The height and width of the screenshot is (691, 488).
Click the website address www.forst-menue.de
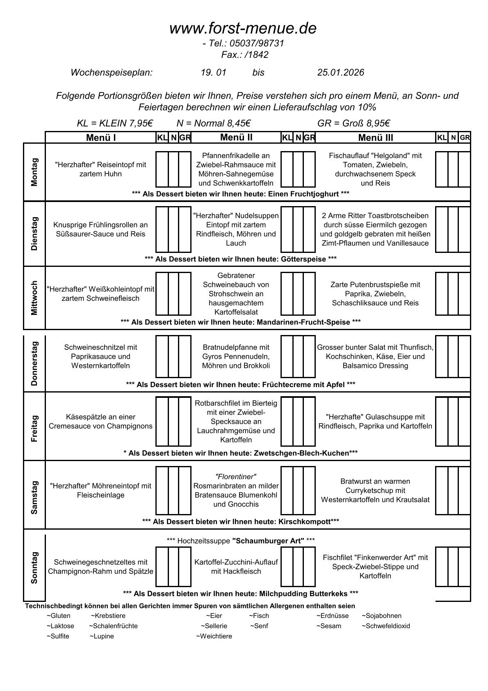243,28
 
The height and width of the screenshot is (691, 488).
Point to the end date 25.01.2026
340,73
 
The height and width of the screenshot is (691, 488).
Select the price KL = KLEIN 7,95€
115,123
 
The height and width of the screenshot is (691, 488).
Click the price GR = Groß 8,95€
353,123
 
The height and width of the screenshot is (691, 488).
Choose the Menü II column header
236,137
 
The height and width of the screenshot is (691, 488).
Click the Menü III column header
375,138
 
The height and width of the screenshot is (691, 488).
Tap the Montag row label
34,172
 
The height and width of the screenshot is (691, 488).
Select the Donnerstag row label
34,363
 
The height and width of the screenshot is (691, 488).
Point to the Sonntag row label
34,567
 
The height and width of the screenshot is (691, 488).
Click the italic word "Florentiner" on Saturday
236,477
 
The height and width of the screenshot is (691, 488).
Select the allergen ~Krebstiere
108,616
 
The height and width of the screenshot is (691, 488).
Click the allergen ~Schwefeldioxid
385,626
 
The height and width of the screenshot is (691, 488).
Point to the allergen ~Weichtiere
214,636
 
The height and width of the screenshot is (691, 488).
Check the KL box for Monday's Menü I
162,169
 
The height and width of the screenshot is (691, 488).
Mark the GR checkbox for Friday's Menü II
309,421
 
